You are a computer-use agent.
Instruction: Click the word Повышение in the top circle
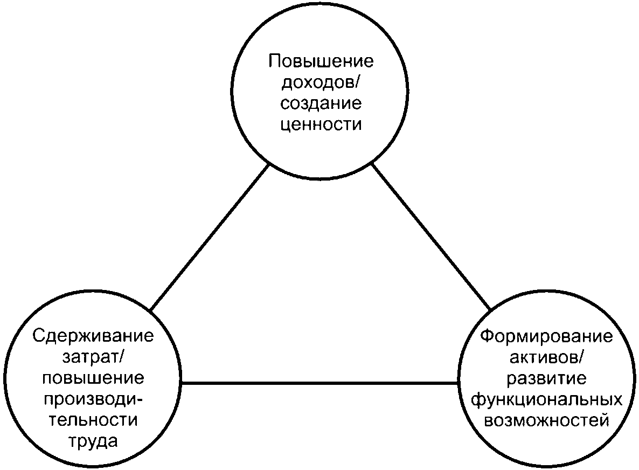pos(321,60)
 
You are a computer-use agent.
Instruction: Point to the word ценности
pos(321,125)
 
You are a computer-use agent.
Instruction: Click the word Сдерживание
pos(93,337)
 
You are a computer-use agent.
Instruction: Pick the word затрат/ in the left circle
pos(93,358)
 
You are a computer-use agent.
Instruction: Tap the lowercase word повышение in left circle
pos(93,379)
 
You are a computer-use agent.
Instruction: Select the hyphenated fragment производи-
pos(93,400)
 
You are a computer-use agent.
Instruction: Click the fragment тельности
pos(93,421)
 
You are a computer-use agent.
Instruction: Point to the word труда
pos(93,442)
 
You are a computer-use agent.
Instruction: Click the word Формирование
pos(546,337)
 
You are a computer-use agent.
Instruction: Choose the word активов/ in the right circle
pos(546,358)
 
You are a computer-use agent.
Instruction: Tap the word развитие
pos(546,379)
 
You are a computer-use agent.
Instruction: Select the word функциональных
pos(546,400)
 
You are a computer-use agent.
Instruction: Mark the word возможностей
pos(546,421)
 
